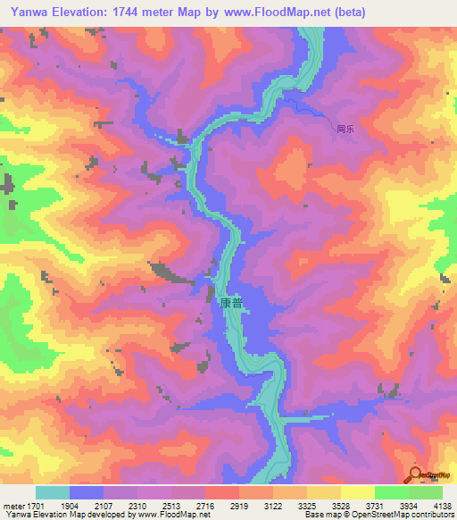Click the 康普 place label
click(230, 304)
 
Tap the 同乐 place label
click(346, 129)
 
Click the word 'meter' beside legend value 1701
click(12, 505)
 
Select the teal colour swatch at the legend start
click(53, 492)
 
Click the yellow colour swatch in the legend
click(357, 492)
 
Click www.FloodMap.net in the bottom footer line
click(175, 515)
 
